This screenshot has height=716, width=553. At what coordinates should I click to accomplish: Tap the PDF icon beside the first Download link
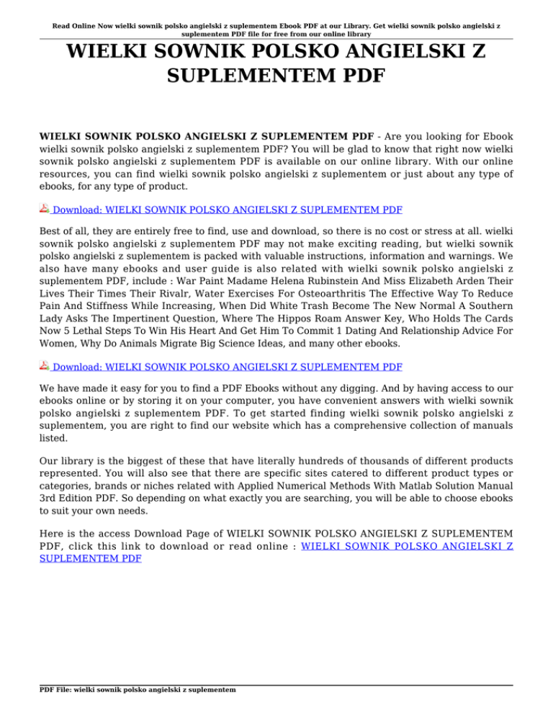pyautogui.click(x=45, y=209)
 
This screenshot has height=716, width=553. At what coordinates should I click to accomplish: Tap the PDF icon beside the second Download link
pyautogui.click(x=45, y=367)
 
